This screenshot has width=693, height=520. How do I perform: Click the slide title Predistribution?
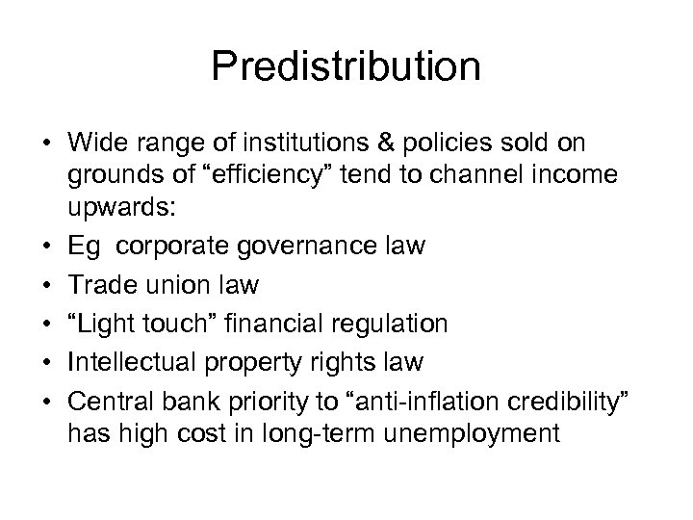click(346, 67)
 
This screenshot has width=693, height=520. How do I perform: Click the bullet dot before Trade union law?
click(44, 286)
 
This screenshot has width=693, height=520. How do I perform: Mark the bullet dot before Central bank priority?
click(44, 399)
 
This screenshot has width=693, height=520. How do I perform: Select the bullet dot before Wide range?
click(44, 142)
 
